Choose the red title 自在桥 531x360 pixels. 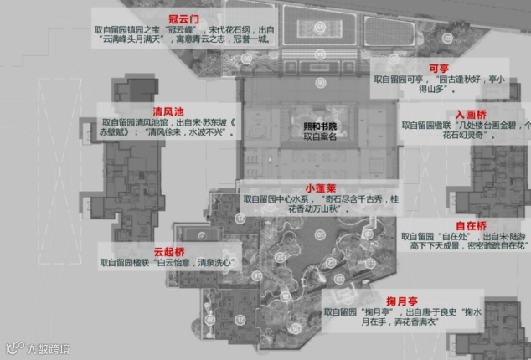[x=470, y=225]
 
